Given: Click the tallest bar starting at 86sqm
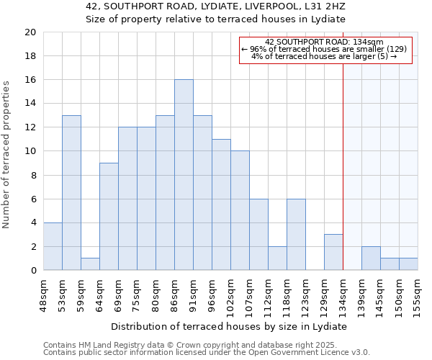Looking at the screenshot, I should (x=184, y=175).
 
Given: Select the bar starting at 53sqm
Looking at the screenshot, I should (x=71, y=193).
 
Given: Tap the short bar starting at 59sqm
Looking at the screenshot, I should (x=90, y=264).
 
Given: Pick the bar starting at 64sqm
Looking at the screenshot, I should (x=109, y=217).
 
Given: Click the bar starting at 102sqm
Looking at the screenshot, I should (x=240, y=211).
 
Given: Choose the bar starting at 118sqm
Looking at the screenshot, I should (x=296, y=235).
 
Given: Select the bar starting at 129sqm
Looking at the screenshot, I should (x=333, y=253).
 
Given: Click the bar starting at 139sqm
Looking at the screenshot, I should (x=371, y=258).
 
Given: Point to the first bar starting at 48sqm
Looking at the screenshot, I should (x=53, y=246).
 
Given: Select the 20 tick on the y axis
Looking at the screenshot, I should (x=30, y=32).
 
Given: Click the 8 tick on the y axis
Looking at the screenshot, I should (x=32, y=175).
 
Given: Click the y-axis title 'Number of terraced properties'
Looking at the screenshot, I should (x=6, y=155).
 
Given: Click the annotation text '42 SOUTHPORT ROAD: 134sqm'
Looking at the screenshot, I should (x=324, y=42).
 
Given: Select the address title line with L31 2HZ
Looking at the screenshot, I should (x=216, y=6).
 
